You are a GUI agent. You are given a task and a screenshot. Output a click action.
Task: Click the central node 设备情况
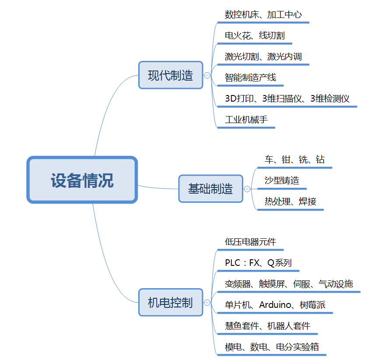click(82, 180)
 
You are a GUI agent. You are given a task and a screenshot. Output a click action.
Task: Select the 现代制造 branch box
click(171, 75)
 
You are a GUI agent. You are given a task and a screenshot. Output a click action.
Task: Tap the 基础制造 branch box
click(211, 189)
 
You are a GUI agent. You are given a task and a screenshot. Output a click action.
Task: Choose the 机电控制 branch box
click(171, 302)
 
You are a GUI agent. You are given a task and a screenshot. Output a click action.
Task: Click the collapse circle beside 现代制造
click(207, 75)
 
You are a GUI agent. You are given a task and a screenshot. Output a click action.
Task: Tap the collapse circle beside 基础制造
click(247, 189)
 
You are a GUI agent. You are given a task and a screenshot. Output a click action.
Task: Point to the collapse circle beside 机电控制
click(207, 303)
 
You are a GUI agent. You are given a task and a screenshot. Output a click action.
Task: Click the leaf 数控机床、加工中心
click(263, 15)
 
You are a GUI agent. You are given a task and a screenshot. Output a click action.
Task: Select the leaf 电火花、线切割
click(255, 35)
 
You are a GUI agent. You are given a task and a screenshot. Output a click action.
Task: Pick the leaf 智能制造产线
click(250, 78)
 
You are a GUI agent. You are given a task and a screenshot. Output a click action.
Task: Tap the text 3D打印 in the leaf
click(239, 99)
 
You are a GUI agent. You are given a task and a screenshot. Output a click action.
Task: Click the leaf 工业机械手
click(246, 120)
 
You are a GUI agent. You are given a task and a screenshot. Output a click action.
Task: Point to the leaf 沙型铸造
click(282, 180)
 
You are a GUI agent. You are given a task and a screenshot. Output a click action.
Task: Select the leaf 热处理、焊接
click(290, 201)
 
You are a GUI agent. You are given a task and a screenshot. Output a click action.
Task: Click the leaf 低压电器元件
click(250, 242)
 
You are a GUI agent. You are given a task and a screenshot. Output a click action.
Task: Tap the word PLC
click(232, 263)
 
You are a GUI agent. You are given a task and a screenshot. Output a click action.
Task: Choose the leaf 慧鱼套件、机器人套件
click(268, 326)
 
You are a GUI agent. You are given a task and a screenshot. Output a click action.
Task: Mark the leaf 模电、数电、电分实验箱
click(272, 347)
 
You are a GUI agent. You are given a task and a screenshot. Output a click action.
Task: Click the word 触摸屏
click(272, 284)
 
